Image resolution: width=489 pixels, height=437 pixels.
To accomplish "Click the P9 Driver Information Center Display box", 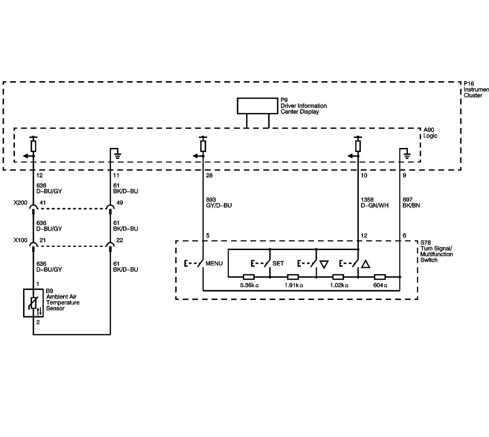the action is tap(257, 106).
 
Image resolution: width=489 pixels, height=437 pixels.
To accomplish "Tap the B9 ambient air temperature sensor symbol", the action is tap(34, 303).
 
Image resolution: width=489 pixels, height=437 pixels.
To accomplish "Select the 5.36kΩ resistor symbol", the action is tap(248, 277).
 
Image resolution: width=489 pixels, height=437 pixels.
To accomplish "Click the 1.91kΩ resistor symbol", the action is tap(293, 277).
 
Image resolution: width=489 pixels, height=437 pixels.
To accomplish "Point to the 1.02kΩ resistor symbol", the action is tap(338, 277).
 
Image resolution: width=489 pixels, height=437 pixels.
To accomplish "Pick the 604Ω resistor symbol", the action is tap(379, 277).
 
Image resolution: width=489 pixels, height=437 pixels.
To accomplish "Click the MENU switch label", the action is tap(214, 263).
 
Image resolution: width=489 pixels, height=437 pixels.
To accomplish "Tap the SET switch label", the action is tap(278, 263).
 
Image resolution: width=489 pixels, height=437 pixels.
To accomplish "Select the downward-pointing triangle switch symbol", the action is tap(324, 265).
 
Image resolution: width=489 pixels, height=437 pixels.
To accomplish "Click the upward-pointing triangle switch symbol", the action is tap(365, 264).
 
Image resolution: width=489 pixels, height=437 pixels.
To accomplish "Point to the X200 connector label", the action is tap(20, 203).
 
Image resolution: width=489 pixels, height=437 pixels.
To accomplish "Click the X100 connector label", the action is tap(20, 240).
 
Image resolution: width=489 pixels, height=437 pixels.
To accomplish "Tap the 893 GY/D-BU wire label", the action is tap(218, 202).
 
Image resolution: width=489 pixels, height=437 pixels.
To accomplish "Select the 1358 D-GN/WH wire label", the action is tap(374, 202).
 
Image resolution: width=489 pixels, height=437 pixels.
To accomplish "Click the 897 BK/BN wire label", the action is tap(411, 202).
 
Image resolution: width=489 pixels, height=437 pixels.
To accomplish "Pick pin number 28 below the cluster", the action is tap(209, 176).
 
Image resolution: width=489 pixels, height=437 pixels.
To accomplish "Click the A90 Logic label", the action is tap(430, 133).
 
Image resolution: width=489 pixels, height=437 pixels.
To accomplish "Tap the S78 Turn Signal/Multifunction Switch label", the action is tap(436, 251).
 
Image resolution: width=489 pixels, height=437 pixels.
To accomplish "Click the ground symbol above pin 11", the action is tap(117, 155).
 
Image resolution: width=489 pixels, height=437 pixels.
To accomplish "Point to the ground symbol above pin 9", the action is tap(407, 155).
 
